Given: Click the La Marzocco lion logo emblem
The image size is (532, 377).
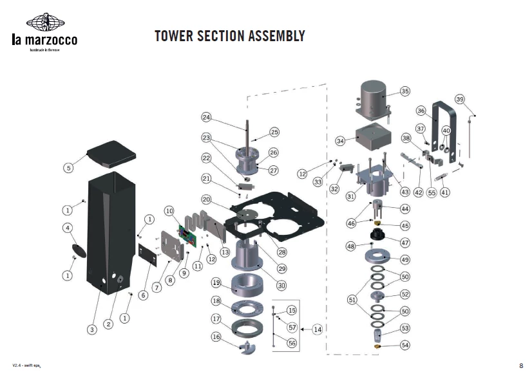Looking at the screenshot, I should pos(44,23).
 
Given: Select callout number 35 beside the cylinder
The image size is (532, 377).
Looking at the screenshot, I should pos(404,91).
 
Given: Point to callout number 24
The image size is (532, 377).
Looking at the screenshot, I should pos(206,117).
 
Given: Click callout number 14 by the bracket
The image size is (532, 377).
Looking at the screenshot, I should pos(318,329).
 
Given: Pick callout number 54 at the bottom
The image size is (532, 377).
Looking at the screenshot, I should pos(404,345).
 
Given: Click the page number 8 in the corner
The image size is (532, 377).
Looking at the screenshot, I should pos(520,365).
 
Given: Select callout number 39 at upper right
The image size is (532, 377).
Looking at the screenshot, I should pos(459,99).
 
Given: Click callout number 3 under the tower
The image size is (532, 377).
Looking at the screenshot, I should pos(92,329).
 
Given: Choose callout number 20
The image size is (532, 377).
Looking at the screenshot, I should pos(206,199).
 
